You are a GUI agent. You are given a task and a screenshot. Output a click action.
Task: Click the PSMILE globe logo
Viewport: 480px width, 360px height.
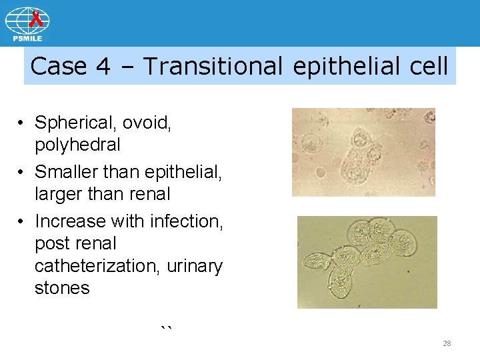tap(27, 24)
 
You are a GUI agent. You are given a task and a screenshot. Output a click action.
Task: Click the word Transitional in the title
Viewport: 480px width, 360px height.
tap(217, 66)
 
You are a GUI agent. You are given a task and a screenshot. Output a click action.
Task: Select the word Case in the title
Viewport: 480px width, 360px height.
tap(59, 66)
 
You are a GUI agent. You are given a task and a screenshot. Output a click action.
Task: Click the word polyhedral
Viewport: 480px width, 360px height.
tap(77, 145)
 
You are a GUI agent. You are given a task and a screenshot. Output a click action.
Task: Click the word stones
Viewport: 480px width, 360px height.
tap(62, 288)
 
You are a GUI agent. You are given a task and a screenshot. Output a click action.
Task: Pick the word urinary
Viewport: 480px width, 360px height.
tap(195, 265)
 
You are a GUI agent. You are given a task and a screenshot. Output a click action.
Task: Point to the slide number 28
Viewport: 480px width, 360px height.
tap(447, 343)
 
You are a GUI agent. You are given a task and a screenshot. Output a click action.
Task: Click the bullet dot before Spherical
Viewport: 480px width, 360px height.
tap(22, 123)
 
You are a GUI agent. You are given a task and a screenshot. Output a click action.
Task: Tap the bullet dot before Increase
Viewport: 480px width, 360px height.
tap(22, 221)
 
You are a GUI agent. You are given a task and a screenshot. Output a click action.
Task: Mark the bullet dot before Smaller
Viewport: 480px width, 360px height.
tap(22, 173)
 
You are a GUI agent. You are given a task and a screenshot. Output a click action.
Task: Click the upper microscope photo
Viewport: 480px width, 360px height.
tap(363, 152)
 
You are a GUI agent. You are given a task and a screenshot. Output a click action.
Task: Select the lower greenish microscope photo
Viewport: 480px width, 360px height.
tap(367, 262)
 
